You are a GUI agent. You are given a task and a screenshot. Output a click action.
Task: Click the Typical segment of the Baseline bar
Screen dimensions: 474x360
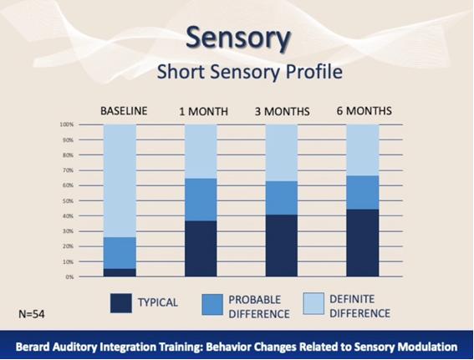(x=120, y=272)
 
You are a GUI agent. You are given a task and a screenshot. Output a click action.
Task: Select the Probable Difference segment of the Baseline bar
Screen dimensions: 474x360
(x=120, y=253)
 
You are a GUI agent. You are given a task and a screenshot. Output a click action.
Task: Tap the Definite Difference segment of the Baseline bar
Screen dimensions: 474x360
(x=120, y=180)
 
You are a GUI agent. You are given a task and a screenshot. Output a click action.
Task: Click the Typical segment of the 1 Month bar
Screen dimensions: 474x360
(x=201, y=249)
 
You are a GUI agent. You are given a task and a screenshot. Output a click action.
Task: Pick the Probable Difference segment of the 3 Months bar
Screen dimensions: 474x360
(x=282, y=198)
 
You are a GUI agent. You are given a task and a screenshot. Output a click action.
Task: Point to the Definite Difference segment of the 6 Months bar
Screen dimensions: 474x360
(x=363, y=150)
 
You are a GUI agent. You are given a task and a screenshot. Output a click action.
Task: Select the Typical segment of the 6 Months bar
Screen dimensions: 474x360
(x=363, y=243)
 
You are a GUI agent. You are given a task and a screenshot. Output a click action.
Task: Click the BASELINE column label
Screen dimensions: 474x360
(x=124, y=111)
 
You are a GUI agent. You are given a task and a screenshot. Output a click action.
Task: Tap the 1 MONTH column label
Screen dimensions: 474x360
(x=203, y=111)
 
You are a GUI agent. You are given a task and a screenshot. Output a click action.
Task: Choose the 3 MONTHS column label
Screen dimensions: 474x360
(x=282, y=111)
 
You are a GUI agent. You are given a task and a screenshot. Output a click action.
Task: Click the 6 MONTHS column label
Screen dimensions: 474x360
(x=364, y=111)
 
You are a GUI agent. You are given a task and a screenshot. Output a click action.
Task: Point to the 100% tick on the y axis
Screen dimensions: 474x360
(x=67, y=124)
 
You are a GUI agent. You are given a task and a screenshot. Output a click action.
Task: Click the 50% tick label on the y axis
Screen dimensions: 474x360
(x=68, y=200)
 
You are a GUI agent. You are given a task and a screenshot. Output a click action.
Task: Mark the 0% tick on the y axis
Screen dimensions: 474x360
(x=69, y=277)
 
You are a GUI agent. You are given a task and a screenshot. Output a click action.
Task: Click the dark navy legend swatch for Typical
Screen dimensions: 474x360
(x=121, y=303)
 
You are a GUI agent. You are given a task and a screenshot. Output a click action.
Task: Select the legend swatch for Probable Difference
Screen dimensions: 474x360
(x=212, y=304)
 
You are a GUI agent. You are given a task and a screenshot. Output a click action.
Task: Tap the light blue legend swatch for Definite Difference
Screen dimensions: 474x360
(x=313, y=303)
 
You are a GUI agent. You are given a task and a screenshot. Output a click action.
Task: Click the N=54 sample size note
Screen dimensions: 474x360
(x=32, y=314)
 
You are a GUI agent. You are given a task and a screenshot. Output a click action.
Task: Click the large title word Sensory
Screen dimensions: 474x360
(x=238, y=38)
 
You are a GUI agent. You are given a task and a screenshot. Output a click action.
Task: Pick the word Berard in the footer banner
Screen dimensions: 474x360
(x=33, y=347)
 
